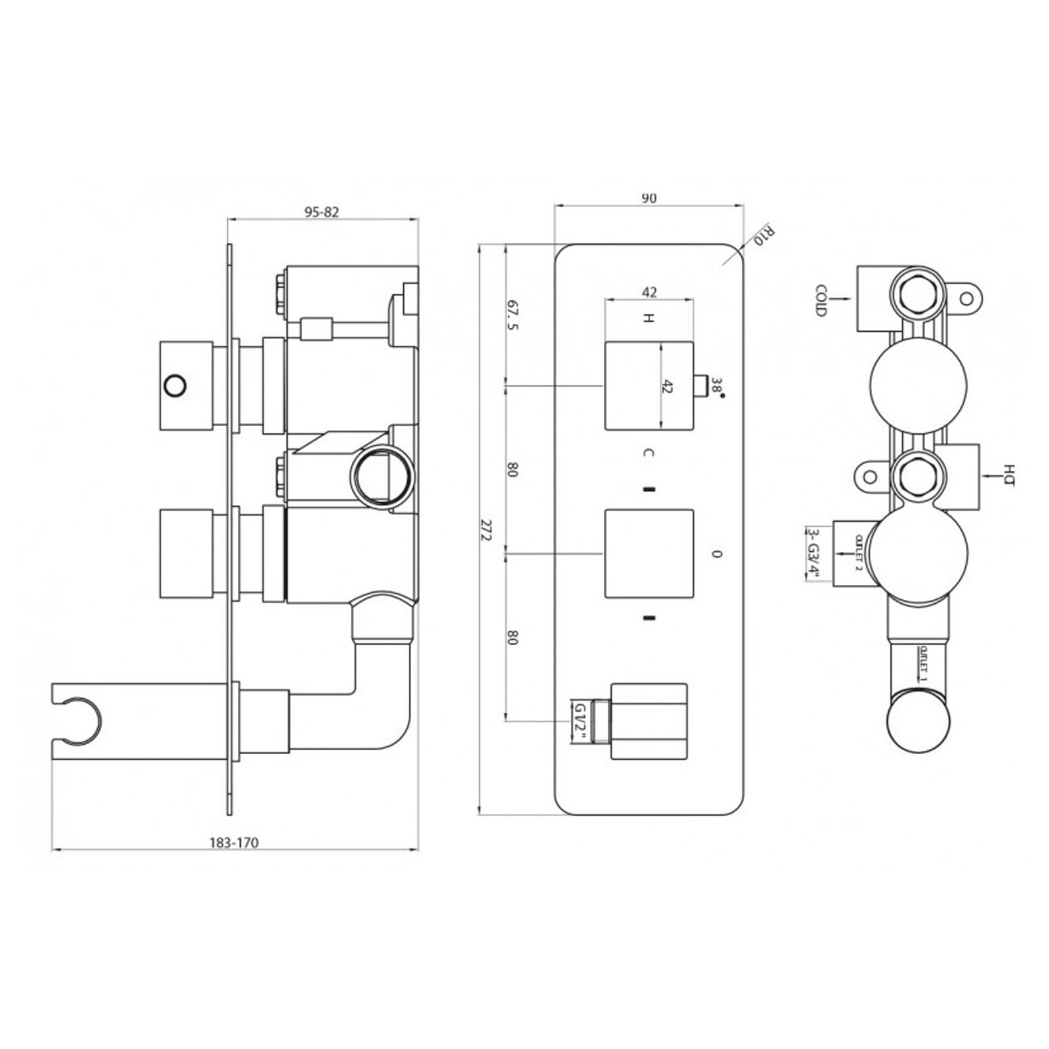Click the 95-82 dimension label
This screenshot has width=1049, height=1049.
321,212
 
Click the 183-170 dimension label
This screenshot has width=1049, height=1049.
234,842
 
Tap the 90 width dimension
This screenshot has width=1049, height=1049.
648,198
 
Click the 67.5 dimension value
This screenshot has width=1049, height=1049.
513,315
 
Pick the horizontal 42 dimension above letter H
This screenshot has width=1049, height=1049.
649,292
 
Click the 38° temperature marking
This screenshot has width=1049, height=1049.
719,387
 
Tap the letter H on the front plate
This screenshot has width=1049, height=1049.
648,319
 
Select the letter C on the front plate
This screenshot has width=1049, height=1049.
648,452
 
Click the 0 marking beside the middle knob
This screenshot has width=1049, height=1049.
717,554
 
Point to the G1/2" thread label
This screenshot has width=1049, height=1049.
580,722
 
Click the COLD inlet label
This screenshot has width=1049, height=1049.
820,300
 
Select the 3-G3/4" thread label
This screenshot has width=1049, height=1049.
814,553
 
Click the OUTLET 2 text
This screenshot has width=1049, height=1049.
858,553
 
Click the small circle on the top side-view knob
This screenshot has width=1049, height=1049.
175,386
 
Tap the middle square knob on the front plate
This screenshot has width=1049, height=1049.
648,553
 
